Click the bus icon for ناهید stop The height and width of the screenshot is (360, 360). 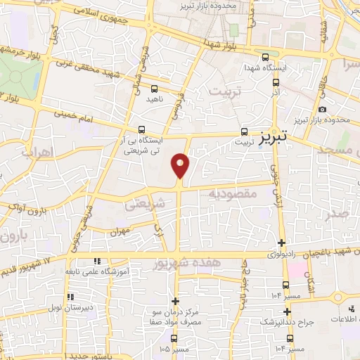click(155, 89)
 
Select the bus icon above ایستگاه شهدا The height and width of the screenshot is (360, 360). click(264, 58)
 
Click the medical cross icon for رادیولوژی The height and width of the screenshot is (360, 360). click(282, 243)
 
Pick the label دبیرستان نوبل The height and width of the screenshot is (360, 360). click(90, 308)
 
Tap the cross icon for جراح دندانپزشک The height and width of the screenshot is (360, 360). click(286, 311)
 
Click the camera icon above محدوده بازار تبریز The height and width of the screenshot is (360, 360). click(322, 109)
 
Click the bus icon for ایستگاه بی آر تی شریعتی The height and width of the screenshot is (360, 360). click(142, 129)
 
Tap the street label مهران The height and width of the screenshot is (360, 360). click(120, 231)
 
